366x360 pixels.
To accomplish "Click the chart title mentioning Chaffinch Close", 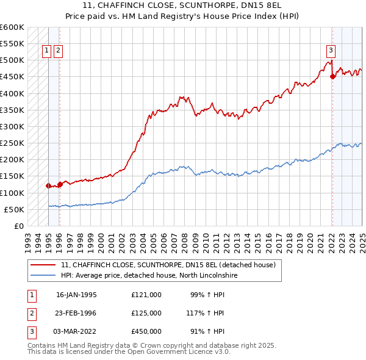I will click(x=182, y=11).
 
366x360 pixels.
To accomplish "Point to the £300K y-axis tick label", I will click(x=12, y=127).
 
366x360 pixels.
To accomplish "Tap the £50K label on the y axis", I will click(x=15, y=209).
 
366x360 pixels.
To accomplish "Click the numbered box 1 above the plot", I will click(x=47, y=51).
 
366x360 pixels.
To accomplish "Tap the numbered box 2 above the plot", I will click(x=58, y=51).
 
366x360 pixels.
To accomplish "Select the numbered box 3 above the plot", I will click(x=330, y=51).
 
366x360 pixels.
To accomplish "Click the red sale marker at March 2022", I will click(x=332, y=77).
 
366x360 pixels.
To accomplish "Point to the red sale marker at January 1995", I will click(x=48, y=185).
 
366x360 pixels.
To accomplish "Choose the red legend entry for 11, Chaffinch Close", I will click(x=168, y=265).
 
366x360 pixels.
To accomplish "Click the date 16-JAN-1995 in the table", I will click(x=76, y=295).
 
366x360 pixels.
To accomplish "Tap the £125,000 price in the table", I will click(x=146, y=313).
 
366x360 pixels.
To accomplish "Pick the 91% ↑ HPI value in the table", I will click(x=207, y=331).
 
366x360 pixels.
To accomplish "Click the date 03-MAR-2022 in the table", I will click(x=76, y=331).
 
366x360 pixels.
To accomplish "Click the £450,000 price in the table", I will click(x=146, y=331).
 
